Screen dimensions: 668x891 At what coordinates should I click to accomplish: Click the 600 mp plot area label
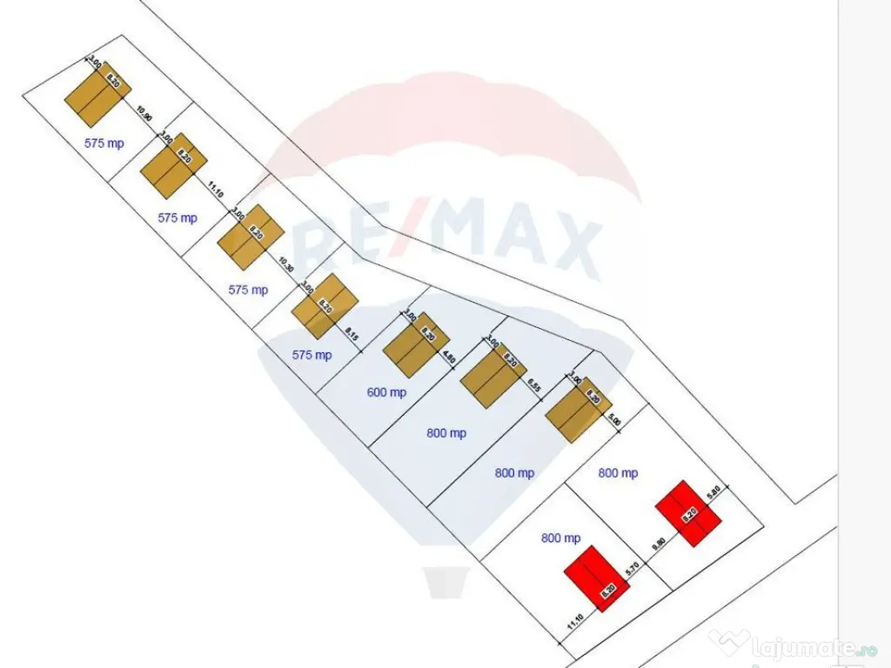[386, 392]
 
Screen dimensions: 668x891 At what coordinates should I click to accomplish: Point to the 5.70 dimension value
[633, 572]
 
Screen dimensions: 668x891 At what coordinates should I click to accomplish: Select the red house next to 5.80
[690, 513]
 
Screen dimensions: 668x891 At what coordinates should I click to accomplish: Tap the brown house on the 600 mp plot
[415, 343]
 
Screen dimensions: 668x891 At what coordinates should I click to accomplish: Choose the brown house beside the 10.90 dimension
[97, 92]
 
